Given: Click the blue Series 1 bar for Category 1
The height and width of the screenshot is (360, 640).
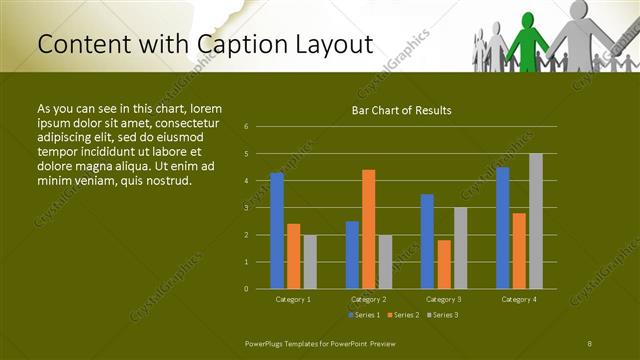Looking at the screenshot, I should pyautogui.click(x=277, y=231).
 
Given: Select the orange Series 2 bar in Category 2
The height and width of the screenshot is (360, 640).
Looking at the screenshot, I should pyautogui.click(x=368, y=229).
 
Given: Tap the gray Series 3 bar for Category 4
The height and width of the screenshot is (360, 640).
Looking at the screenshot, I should pyautogui.click(x=535, y=221).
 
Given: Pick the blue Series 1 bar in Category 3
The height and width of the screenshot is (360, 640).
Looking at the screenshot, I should pyautogui.click(x=427, y=241).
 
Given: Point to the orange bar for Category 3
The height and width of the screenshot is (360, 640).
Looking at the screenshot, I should pyautogui.click(x=443, y=264).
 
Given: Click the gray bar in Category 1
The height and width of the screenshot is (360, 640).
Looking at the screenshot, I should pyautogui.click(x=309, y=262).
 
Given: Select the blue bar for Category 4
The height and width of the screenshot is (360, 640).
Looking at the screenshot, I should pyautogui.click(x=502, y=228).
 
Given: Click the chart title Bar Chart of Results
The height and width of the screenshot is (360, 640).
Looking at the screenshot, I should pyautogui.click(x=402, y=110).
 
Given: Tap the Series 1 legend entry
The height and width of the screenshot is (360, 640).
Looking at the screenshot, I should pyautogui.click(x=363, y=315).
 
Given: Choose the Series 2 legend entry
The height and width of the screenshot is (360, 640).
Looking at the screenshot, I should pyautogui.click(x=403, y=315).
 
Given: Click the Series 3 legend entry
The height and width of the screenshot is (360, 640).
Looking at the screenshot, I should pyautogui.click(x=441, y=315).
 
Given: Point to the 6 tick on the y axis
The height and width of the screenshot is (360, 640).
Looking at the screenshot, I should pyautogui.click(x=246, y=127).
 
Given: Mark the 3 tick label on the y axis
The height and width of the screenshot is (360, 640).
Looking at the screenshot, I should pyautogui.click(x=246, y=208).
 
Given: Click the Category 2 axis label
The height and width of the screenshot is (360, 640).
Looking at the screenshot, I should pyautogui.click(x=368, y=299).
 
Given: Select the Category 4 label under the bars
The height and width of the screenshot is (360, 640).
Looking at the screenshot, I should pyautogui.click(x=518, y=299).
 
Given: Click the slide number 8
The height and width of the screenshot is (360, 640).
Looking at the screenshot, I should pyautogui.click(x=589, y=343).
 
